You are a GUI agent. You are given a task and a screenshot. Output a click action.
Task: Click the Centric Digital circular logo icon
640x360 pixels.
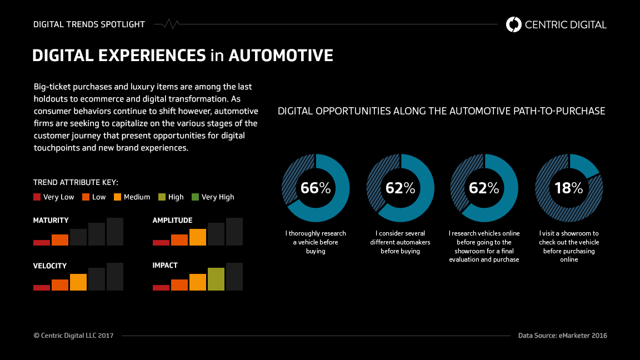tap(514, 24)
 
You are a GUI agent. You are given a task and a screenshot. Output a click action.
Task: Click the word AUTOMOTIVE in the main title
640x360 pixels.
tap(281, 56)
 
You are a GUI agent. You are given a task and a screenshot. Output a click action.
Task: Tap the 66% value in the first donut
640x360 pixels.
tap(315, 188)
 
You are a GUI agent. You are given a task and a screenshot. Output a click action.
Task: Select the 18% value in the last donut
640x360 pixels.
tap(568, 188)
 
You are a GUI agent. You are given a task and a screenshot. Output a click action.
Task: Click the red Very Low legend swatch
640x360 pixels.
tap(37, 197)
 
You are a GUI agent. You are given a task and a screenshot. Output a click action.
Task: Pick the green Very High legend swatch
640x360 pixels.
tap(195, 197)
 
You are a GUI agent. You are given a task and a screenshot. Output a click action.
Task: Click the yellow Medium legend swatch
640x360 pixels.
tap(117, 197)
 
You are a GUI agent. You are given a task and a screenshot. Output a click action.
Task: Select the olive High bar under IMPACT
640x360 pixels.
tap(216, 279)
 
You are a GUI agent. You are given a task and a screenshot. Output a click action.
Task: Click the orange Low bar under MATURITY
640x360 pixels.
tap(60, 240)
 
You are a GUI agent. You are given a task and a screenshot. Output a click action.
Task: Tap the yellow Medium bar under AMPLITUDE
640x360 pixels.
tap(198, 237)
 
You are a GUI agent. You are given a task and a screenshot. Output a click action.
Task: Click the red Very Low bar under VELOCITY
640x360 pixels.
tap(42, 287)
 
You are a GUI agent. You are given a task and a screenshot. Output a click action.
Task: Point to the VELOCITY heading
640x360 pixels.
tap(50, 266)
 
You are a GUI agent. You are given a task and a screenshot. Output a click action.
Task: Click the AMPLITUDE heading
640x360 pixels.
tap(172, 221)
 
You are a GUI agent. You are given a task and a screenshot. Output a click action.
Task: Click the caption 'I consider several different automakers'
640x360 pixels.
tap(400, 242)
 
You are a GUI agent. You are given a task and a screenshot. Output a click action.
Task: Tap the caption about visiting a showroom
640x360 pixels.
tap(569, 246)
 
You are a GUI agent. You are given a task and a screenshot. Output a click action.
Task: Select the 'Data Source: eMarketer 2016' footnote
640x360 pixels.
tap(562, 336)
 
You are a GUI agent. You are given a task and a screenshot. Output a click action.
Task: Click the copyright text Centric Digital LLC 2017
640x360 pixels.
tap(73, 336)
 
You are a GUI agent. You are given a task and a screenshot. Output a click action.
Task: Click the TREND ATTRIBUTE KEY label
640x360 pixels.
tap(76, 182)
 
